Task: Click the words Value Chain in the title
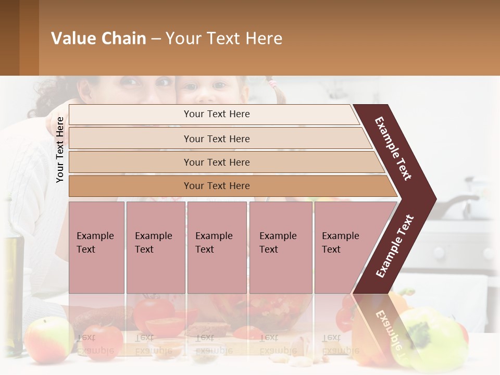click(x=98, y=39)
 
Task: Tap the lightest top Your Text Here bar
click(x=216, y=114)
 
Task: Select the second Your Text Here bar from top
click(x=216, y=139)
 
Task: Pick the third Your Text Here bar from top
click(x=216, y=162)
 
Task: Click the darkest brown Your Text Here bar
click(x=216, y=186)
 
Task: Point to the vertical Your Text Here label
click(x=60, y=149)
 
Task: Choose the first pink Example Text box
click(x=96, y=247)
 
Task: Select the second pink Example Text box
click(x=155, y=247)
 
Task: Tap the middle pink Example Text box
click(x=217, y=247)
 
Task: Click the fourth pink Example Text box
click(x=280, y=247)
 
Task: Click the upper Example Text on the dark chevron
click(x=394, y=148)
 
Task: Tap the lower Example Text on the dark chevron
click(x=395, y=246)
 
